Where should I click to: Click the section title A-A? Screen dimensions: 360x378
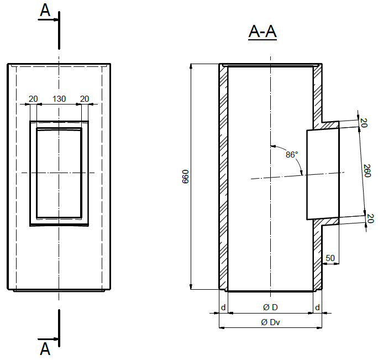pos(262,32)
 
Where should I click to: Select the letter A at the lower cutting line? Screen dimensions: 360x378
pos(45,349)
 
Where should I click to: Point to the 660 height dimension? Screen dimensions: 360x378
pos(185,177)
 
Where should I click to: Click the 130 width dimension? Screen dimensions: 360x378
pos(59,99)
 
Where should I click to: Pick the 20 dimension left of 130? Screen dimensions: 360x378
pos(33,99)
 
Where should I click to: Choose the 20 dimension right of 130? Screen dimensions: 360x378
pos(85,99)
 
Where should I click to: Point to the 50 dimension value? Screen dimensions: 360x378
pos(330,258)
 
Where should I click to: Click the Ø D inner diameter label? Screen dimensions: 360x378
pos(270,307)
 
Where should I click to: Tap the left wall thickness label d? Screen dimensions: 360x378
pos(223,307)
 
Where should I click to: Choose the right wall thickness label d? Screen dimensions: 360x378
pos(317,307)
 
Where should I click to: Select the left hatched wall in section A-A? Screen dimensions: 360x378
pos(223,177)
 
